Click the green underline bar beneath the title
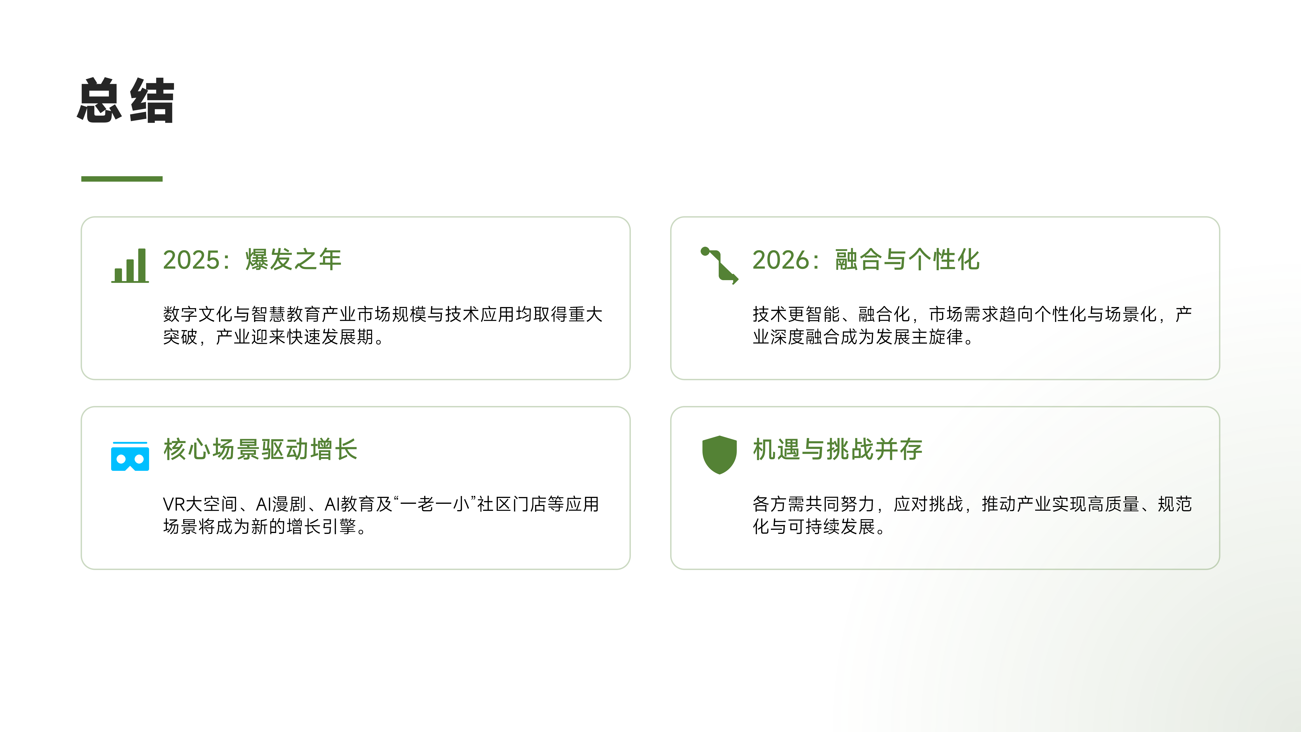click(x=122, y=179)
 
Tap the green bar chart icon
click(x=130, y=266)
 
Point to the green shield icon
click(x=719, y=455)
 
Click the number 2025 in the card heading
click(x=192, y=260)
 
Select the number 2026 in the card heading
click(x=781, y=260)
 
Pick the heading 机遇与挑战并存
click(x=838, y=450)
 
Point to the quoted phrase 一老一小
click(x=435, y=504)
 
